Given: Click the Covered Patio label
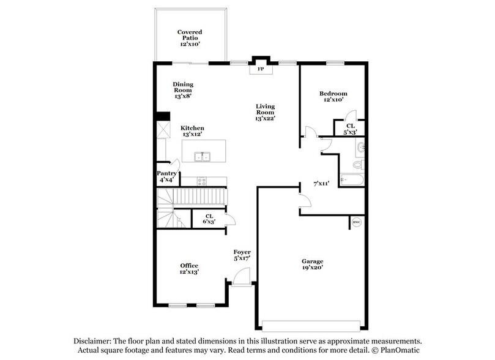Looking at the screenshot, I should [190, 38].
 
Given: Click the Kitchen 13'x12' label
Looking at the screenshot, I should [192, 131].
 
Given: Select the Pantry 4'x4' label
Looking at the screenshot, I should [166, 176].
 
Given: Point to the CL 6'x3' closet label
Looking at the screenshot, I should [209, 219].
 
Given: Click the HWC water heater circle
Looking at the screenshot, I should [355, 222].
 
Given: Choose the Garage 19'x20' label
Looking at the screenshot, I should [312, 264].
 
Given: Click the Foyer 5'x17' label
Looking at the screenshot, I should [242, 255].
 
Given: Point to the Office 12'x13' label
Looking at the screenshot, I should [188, 268].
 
